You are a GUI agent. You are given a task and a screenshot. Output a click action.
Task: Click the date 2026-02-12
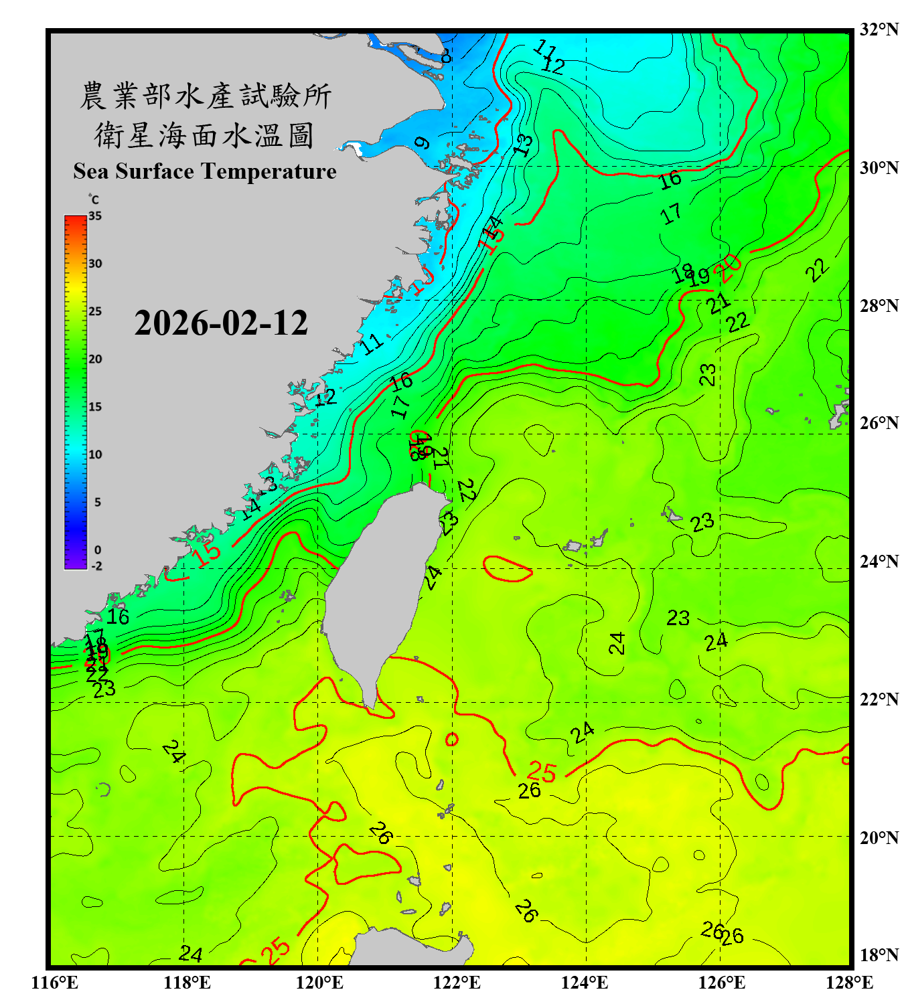[x=221, y=323]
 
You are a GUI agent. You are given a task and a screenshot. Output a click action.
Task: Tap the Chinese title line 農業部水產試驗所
[x=205, y=96]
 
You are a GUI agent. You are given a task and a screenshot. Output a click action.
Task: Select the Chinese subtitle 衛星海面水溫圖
[x=204, y=135]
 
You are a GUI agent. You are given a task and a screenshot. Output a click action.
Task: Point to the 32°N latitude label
[x=879, y=29]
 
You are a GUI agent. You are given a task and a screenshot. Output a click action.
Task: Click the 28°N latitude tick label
[x=879, y=306]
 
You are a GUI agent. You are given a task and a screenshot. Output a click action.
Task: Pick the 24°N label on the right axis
[x=879, y=562]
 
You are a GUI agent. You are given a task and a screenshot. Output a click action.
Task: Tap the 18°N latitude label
[x=879, y=955]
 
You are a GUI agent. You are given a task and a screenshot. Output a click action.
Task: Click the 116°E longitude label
[x=54, y=983]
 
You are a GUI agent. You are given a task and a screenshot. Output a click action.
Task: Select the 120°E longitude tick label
[x=319, y=983]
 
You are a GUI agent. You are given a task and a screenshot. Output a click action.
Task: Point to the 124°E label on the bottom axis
[x=585, y=983]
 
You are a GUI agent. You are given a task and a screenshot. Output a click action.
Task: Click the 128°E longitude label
[x=849, y=983]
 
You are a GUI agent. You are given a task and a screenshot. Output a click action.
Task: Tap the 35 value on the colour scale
[x=95, y=216]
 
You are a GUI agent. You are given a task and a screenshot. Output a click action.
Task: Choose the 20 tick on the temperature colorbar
[x=95, y=359]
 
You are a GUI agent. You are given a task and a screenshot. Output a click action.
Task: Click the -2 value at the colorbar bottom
[x=96, y=566]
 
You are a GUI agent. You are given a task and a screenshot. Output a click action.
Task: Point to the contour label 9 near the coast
[x=421, y=143]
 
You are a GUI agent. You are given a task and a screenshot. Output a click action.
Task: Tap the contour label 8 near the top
[x=446, y=56]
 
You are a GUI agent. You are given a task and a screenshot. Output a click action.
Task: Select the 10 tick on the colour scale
[x=95, y=454]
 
